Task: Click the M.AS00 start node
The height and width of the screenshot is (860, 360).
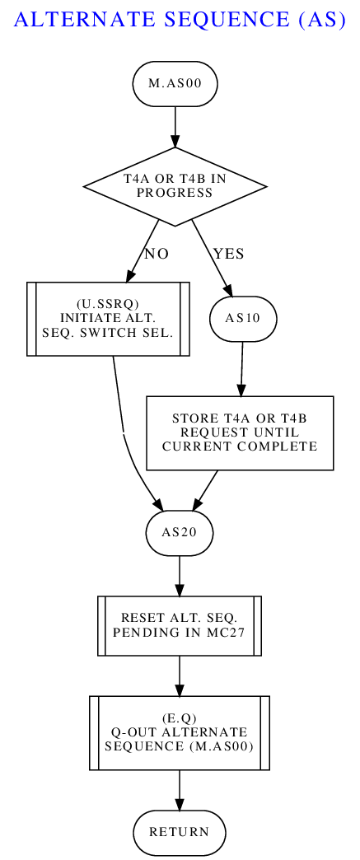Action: [175, 84]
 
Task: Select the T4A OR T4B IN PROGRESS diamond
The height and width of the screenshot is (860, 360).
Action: [175, 186]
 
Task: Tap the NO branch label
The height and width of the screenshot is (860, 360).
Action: [157, 254]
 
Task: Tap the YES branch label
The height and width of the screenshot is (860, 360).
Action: [229, 254]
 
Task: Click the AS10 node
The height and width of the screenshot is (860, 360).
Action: [243, 319]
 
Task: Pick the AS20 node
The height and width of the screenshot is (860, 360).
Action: [180, 533]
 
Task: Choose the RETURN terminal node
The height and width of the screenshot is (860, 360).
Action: [180, 832]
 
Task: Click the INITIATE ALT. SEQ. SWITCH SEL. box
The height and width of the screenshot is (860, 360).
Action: [108, 319]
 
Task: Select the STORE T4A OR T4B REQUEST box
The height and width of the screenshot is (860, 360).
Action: [240, 432]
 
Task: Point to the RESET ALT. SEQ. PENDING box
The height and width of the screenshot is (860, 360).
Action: [180, 626]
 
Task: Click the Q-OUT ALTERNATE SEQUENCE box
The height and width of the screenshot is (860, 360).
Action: [180, 733]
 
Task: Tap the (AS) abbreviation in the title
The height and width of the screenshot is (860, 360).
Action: [323, 20]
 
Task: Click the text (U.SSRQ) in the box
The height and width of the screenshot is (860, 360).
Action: [108, 306]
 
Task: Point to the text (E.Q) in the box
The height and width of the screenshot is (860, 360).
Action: [180, 719]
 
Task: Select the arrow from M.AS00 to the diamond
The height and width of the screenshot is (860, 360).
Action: [175, 127]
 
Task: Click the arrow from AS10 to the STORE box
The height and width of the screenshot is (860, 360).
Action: [241, 368]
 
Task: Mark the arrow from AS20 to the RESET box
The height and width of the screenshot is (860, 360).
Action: [180, 576]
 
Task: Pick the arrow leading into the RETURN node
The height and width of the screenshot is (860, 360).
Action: [180, 790]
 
